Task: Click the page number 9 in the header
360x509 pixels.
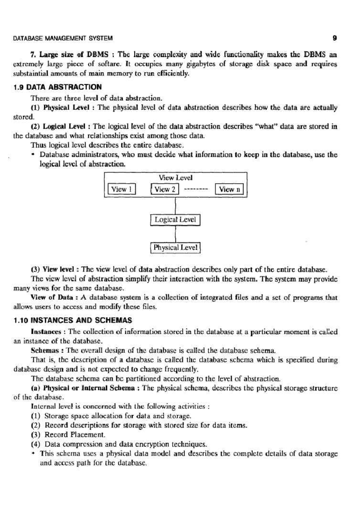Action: click(335, 38)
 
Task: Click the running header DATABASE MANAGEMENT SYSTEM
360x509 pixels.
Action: click(63, 38)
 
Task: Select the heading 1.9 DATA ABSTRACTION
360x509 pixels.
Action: click(58, 87)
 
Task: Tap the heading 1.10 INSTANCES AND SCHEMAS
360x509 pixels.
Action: click(73, 320)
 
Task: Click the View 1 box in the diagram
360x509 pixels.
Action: click(121, 189)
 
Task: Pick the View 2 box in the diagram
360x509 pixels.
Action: click(165, 189)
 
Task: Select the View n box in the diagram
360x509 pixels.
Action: click(229, 189)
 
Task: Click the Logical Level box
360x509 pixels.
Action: click(175, 220)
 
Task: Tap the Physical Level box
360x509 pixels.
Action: click(175, 248)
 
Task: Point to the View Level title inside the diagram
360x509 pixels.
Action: click(175, 178)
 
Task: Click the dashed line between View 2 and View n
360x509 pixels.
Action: click(196, 189)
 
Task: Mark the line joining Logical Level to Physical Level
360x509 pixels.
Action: click(175, 234)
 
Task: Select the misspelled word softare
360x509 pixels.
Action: click(109, 64)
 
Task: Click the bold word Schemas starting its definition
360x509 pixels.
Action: click(47, 350)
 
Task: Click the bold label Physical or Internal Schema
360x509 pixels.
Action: click(89, 388)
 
